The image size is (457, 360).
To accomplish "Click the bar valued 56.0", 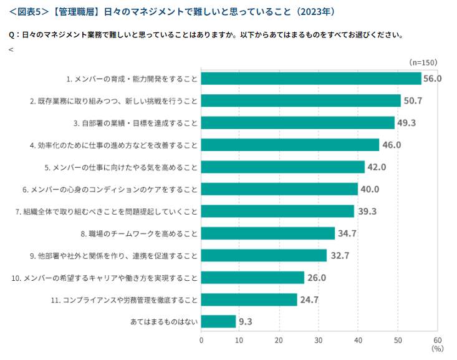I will coord(311,79).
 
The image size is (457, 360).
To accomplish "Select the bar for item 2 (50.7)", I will coord(301,100).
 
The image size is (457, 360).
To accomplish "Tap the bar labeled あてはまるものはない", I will coord(219,321).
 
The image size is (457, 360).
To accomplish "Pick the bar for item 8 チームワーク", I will coord(268,233).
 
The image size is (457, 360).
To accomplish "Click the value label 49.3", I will coord(406,123).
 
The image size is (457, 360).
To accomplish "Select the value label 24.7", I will coord(309,300).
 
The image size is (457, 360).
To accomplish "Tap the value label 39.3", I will coord(367,212).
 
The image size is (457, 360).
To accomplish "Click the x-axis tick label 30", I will coord(319,340).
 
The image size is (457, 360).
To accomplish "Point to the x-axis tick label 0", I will coord(201,340).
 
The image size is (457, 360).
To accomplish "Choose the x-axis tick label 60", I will coord(437,340).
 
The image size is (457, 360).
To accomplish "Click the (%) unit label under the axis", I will coord(437,349).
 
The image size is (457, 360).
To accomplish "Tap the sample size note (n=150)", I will coord(423,62).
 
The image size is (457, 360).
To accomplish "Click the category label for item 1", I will coord(132,79).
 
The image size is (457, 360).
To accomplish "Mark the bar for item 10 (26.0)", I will coord(253,278).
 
